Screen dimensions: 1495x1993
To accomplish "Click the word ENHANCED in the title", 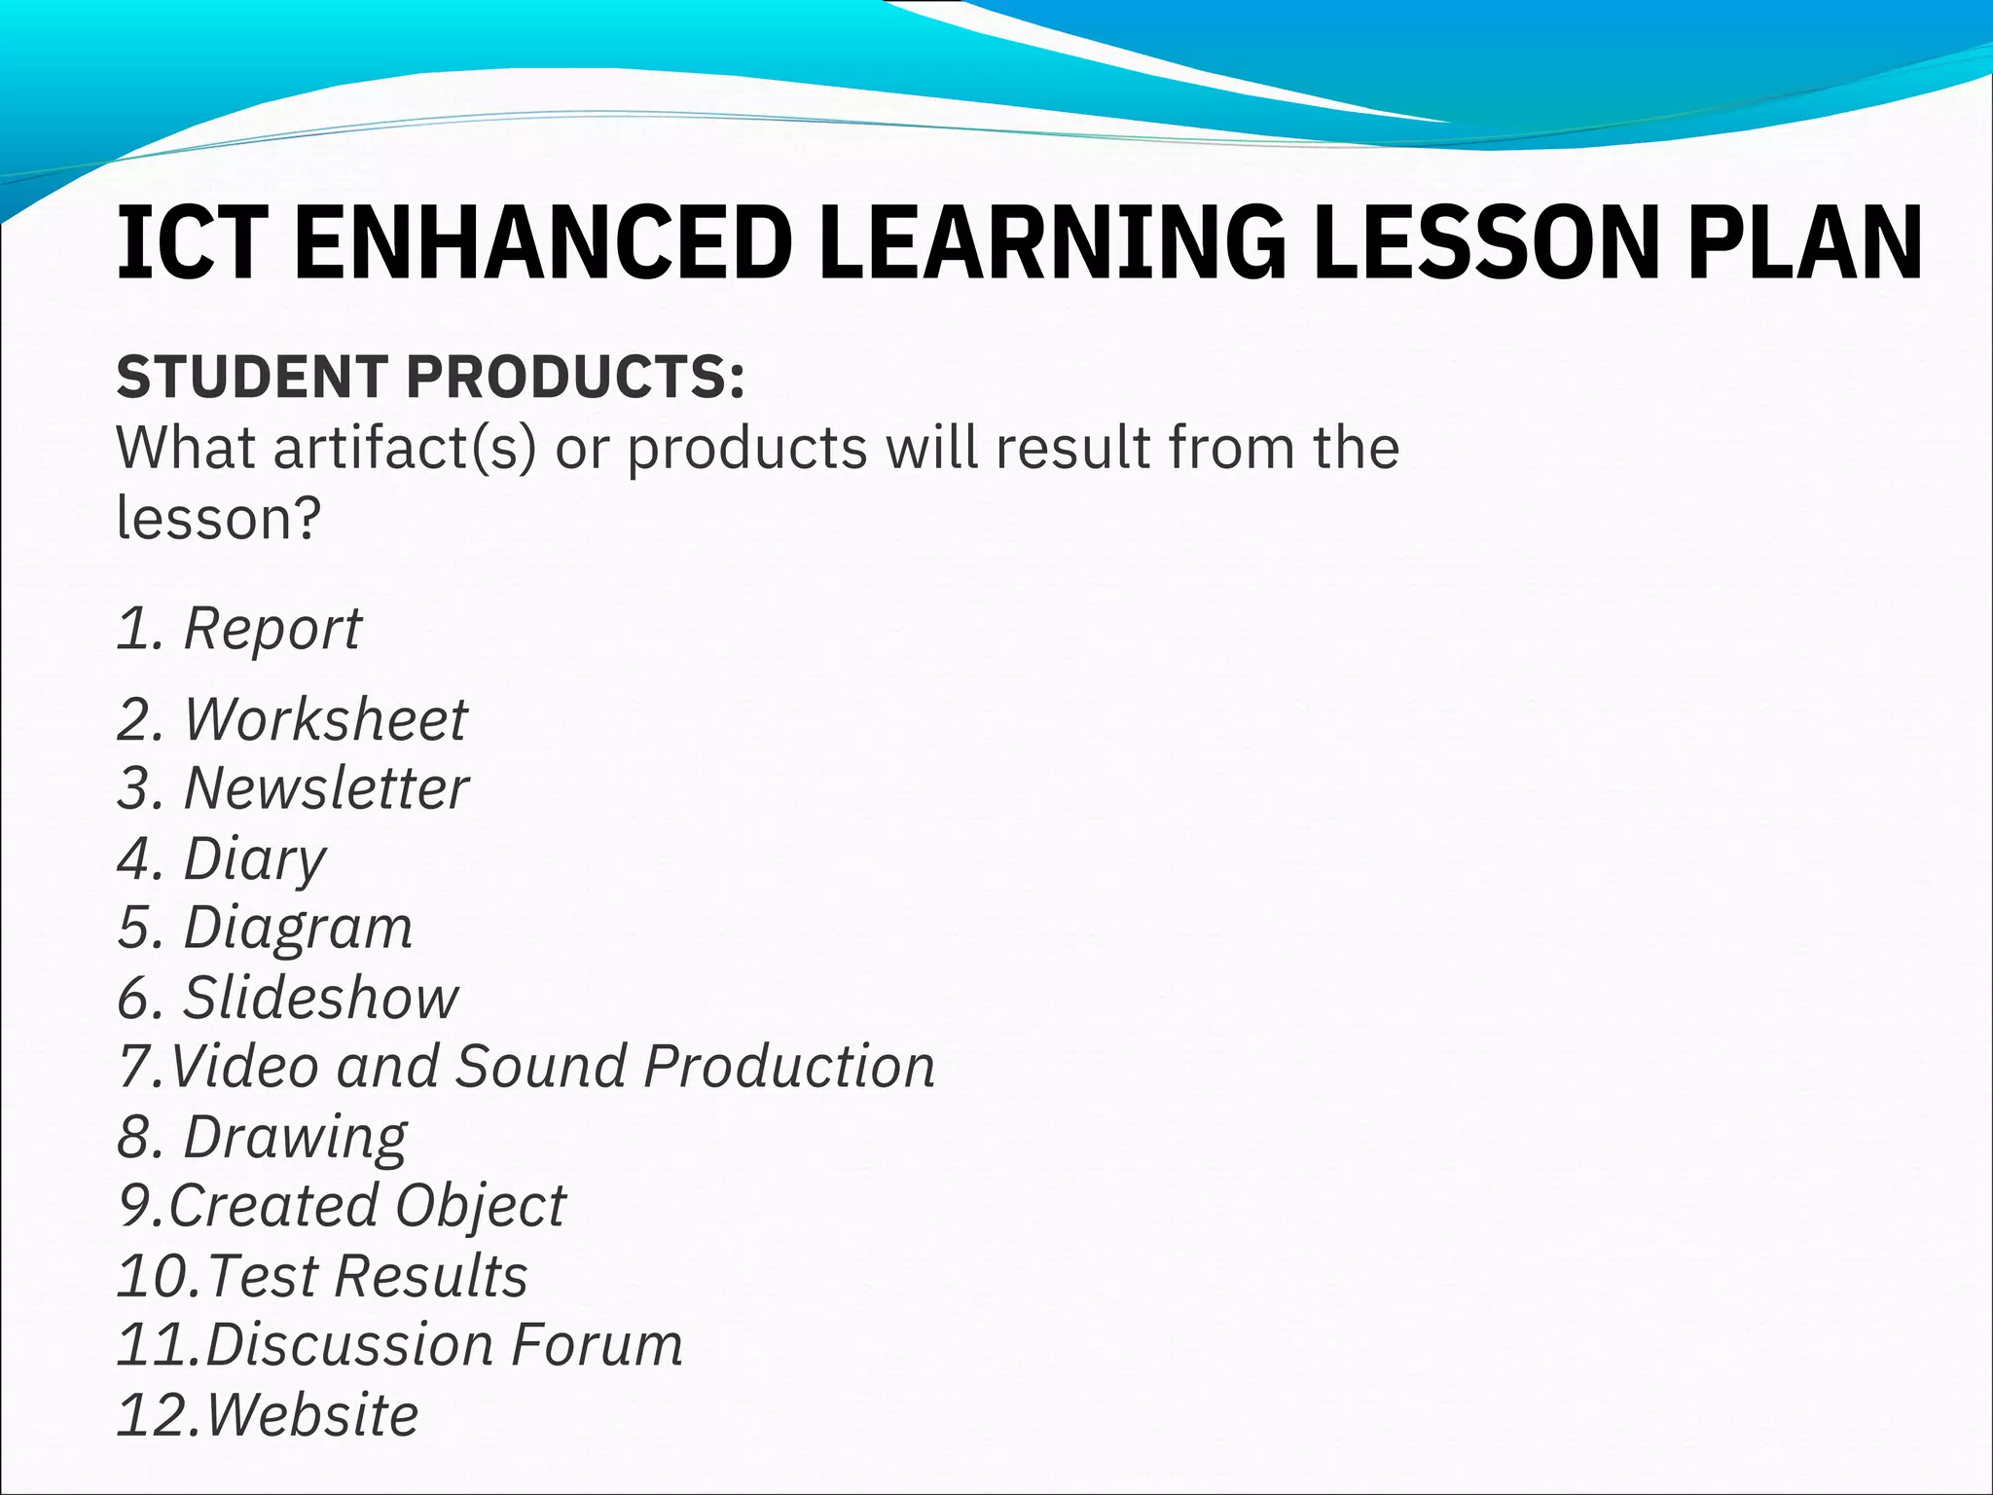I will click(x=542, y=243).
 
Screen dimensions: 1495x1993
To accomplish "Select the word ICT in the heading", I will click(x=192, y=243).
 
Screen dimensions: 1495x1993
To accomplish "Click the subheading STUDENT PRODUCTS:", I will click(x=431, y=377).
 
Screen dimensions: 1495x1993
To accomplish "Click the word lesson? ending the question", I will click(x=218, y=518).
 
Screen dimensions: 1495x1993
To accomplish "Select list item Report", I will click(x=272, y=628).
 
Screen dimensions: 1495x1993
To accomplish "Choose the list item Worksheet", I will click(x=325, y=719).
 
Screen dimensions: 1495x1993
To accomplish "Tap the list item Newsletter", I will click(x=326, y=787).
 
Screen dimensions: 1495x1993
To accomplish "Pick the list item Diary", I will click(x=254, y=858).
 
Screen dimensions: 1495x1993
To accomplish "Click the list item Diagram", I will click(x=298, y=927).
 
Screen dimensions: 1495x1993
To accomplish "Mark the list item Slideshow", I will click(x=320, y=998).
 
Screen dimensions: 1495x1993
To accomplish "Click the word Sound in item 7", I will click(x=541, y=1066).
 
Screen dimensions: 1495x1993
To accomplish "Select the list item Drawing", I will click(x=295, y=1137).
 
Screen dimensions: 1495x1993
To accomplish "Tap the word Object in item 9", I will click(x=480, y=1206).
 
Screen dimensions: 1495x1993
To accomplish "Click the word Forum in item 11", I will click(x=597, y=1345).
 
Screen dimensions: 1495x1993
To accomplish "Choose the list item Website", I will click(x=311, y=1414).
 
